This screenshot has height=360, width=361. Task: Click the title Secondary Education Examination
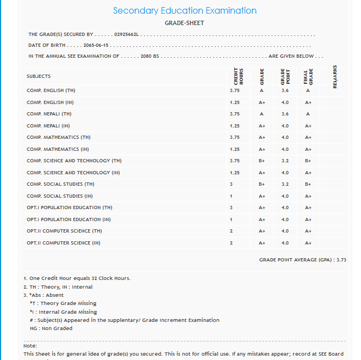point(185,11)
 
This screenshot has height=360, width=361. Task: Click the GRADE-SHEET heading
point(184,23)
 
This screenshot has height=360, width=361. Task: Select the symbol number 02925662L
point(127,34)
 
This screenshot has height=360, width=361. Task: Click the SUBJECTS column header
point(39,76)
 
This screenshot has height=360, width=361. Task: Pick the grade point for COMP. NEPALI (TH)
point(285,114)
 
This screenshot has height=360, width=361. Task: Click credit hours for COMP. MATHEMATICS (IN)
point(235,149)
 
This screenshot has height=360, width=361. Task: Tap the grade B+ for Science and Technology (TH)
point(261,161)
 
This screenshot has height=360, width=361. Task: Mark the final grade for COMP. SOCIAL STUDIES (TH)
point(308,185)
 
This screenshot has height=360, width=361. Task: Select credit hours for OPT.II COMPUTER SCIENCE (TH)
point(231,231)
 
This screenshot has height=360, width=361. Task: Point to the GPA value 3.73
point(341,260)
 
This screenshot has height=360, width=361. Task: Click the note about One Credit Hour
point(77,278)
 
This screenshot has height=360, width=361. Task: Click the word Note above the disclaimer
point(30,346)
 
